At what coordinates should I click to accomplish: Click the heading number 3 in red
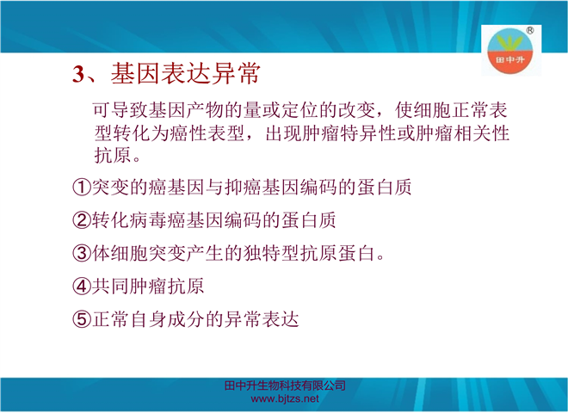(78, 74)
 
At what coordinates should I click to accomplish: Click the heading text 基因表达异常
(186, 73)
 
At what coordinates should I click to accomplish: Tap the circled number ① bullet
(82, 188)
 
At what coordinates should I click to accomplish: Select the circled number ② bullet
(82, 220)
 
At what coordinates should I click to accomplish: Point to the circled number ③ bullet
(82, 253)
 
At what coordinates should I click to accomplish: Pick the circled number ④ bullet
(82, 287)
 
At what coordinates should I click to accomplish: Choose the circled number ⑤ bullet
(82, 319)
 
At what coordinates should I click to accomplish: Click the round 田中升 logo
(509, 51)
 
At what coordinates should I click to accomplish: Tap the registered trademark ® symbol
(529, 30)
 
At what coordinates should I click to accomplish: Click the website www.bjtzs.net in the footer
(285, 399)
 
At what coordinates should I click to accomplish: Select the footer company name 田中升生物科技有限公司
(285, 385)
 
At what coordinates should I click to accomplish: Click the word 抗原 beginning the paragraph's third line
(112, 156)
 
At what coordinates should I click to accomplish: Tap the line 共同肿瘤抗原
(148, 287)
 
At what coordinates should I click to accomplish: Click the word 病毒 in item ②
(147, 220)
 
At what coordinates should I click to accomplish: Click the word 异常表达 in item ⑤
(262, 319)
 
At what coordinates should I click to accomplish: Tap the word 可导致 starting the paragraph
(120, 110)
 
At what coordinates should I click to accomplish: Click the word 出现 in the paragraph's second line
(283, 133)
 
